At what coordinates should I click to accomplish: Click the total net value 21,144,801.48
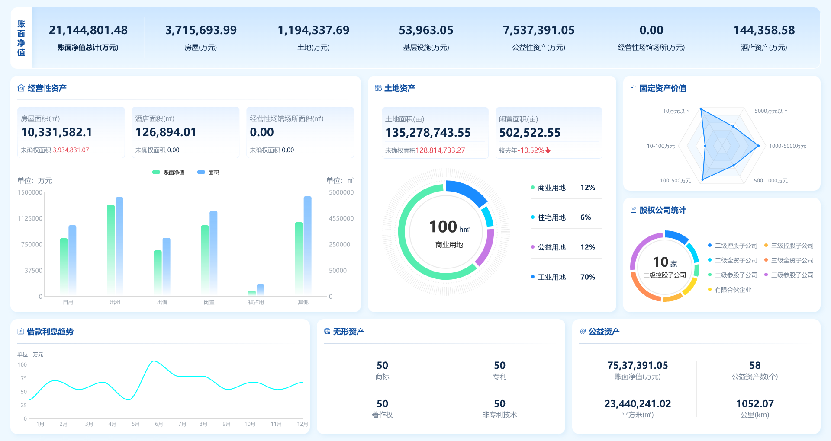[x=88, y=30]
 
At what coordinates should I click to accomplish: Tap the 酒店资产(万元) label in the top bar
[x=764, y=48]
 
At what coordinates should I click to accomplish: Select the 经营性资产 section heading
[x=47, y=88]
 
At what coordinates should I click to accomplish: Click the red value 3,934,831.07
[x=71, y=150]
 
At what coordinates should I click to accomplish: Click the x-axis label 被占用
[x=256, y=302]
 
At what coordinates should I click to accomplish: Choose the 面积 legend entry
[x=209, y=173]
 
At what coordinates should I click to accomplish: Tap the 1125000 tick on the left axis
[x=30, y=218]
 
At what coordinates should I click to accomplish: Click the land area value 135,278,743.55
[x=428, y=133]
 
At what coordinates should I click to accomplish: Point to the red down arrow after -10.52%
[x=548, y=150]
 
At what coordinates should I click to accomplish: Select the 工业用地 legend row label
[x=551, y=277]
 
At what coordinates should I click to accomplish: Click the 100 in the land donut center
[x=443, y=227]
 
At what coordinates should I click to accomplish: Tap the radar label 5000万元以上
[x=771, y=111]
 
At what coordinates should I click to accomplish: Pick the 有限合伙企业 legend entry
[x=733, y=290]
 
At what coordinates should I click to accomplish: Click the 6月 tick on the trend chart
[x=159, y=424]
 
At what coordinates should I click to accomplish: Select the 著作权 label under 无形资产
[x=382, y=415]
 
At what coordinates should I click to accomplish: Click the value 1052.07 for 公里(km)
[x=754, y=404]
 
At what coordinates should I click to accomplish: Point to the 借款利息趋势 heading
[x=50, y=332]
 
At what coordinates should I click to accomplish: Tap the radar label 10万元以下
[x=676, y=111]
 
